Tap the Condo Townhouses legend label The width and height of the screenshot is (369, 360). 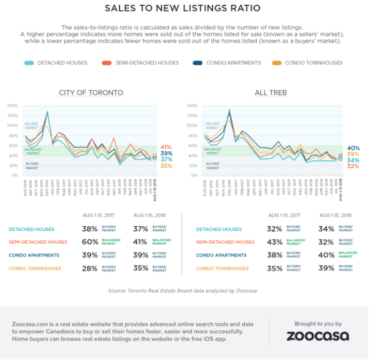point(314,63)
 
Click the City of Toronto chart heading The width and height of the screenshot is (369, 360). point(91,93)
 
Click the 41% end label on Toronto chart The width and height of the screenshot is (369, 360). point(166,147)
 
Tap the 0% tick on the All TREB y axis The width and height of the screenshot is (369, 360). point(194,175)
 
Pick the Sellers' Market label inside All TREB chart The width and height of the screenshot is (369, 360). point(213,126)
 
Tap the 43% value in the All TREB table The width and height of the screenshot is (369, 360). point(274,242)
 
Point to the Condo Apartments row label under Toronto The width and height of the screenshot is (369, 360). point(34,255)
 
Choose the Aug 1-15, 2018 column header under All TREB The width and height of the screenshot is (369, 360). point(335,215)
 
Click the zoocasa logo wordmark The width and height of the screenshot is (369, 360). point(318,336)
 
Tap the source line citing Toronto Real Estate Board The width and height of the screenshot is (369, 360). point(182,291)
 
